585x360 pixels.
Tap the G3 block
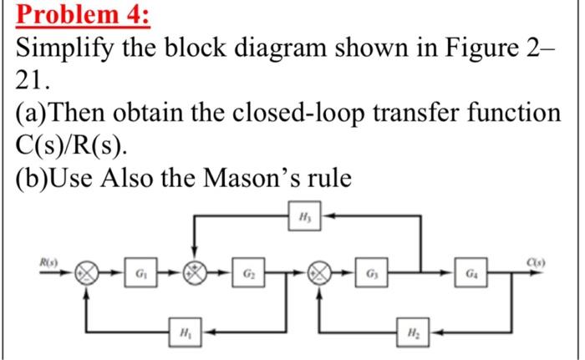click(369, 273)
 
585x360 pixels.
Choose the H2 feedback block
click(415, 329)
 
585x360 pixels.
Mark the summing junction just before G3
click(319, 273)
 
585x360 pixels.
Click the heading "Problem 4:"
click(69, 17)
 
